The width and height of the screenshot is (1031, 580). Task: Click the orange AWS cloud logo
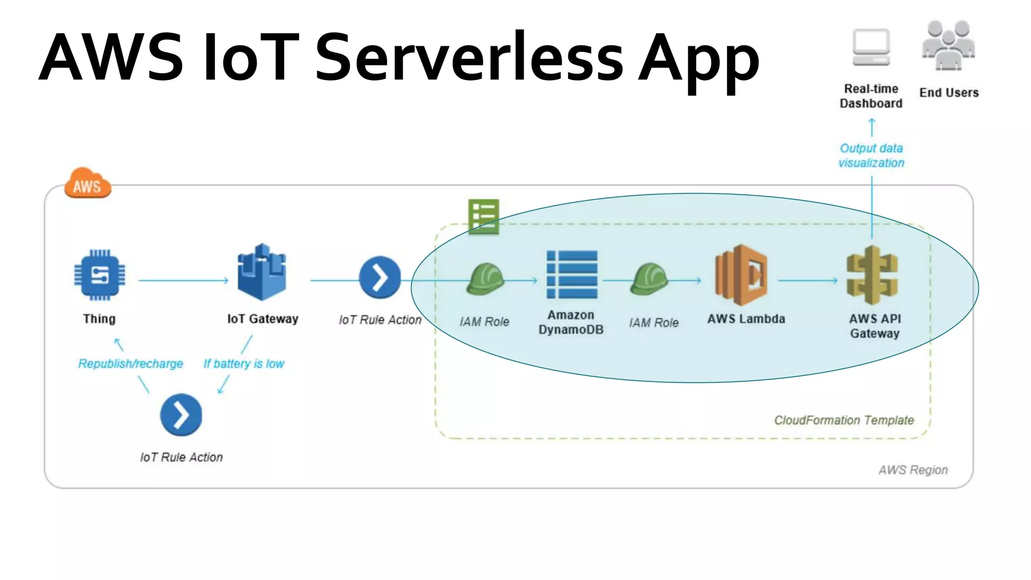[88, 184]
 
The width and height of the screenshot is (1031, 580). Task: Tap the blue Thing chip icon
[100, 275]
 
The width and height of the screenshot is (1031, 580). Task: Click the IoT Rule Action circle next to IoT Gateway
[380, 277]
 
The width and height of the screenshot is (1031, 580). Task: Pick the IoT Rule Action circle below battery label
[181, 415]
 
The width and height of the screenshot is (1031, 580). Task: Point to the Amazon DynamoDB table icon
[572, 274]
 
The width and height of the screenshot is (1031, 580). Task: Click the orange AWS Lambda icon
[741, 275]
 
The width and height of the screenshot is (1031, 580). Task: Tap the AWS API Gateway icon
[872, 275]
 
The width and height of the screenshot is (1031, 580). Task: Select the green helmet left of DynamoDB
[485, 279]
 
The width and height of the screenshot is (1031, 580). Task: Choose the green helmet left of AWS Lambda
[649, 279]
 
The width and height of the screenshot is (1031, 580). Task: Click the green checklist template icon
[483, 216]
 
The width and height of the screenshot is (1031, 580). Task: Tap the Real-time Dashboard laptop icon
[871, 48]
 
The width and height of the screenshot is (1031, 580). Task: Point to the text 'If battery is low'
[244, 364]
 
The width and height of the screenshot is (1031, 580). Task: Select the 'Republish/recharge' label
[130, 364]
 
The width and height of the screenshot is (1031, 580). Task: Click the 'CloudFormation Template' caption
[844, 420]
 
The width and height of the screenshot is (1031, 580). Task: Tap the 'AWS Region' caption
[913, 470]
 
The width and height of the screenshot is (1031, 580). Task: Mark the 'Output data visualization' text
[871, 156]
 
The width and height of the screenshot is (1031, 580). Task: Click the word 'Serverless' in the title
[469, 57]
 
